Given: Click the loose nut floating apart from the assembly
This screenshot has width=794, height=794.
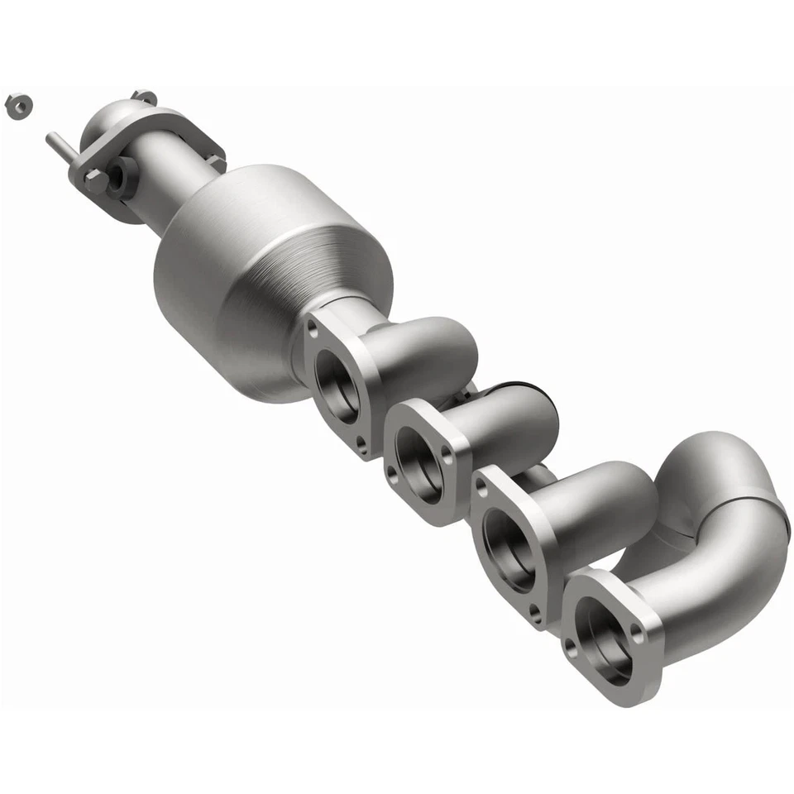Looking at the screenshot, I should point(17,105).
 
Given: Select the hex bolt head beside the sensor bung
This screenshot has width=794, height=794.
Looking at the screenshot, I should point(94,179).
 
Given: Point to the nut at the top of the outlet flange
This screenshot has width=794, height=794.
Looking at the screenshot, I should point(143,98).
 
